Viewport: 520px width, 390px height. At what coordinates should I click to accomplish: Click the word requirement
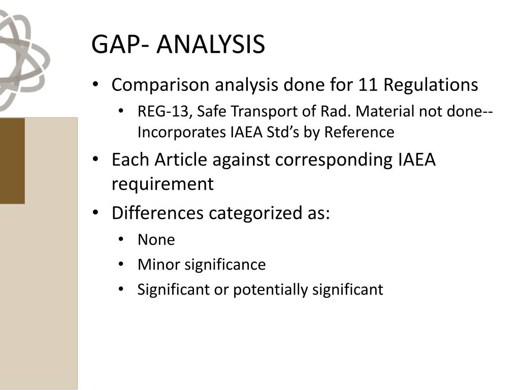pos(162,184)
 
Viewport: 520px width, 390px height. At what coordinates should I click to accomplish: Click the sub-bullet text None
pos(156,240)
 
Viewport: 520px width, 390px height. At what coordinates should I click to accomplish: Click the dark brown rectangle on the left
pos(12,160)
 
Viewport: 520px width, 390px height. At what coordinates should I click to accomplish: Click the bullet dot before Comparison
pos(96,85)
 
